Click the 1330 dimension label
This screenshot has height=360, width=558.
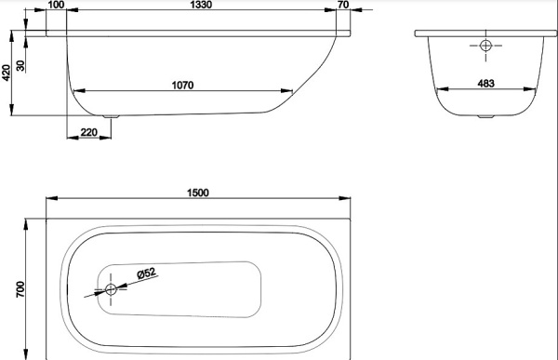(201, 5)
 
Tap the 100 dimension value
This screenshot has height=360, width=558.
(56, 5)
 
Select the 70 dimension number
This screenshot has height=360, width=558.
(343, 5)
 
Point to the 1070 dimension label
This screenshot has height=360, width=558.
(182, 86)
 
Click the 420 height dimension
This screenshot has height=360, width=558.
(7, 73)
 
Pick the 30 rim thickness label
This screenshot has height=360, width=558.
(20, 65)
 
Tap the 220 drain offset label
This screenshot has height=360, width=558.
(88, 132)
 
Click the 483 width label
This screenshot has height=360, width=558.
(485, 84)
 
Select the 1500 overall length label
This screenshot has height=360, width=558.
(198, 193)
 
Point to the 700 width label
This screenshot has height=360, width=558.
(20, 289)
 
